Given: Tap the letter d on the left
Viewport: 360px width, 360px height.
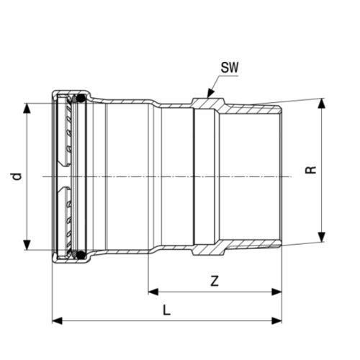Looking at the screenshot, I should click(x=16, y=176).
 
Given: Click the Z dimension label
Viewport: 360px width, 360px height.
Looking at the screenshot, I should click(x=215, y=282).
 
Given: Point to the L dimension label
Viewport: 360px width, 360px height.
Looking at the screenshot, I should click(x=166, y=311).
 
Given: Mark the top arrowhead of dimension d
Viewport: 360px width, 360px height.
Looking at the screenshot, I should click(x=27, y=107).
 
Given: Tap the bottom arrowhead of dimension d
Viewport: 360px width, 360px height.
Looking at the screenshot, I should click(x=27, y=246).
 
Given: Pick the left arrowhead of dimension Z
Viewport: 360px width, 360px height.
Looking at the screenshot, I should click(x=153, y=292).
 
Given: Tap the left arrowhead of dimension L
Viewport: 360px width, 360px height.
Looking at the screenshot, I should click(x=56, y=320).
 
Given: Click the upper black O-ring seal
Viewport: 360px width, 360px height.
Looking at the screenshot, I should click(x=82, y=97).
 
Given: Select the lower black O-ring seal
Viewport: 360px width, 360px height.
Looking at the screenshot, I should click(x=82, y=255).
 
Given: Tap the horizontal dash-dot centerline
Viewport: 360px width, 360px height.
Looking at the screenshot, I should click(x=180, y=176).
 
